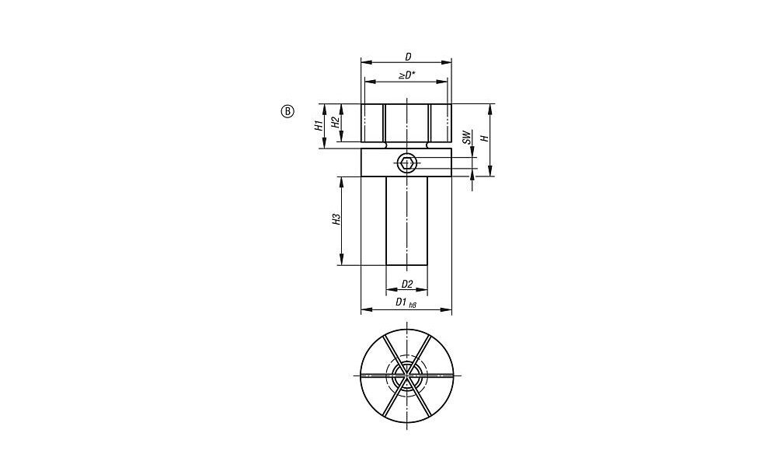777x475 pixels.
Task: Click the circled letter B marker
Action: pyautogui.click(x=287, y=111)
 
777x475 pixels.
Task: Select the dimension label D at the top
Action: pyautogui.click(x=408, y=57)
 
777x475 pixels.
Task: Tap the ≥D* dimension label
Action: pyautogui.click(x=407, y=75)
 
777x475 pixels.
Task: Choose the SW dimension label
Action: pyautogui.click(x=465, y=138)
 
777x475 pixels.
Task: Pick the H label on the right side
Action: pyautogui.click(x=486, y=138)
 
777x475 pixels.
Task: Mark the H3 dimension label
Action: pyautogui.click(x=336, y=220)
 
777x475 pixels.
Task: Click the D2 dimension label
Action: pyautogui.click(x=407, y=284)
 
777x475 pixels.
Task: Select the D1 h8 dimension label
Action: pyautogui.click(x=406, y=302)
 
